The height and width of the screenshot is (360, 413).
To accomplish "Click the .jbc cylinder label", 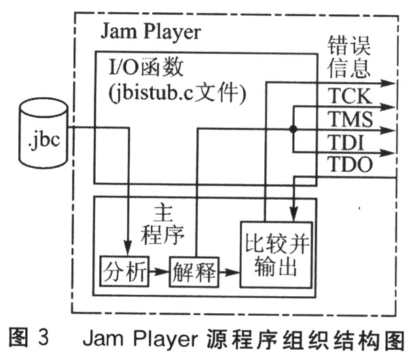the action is tap(44, 140).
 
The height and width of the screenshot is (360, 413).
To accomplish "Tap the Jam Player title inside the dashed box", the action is tap(151, 31).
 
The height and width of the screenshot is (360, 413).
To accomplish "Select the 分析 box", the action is tap(124, 272).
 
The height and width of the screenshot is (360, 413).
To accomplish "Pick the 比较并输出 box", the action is tap(276, 255).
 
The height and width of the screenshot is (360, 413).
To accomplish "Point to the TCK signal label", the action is tap(350, 96).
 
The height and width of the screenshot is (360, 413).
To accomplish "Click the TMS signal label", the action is tap(350, 119).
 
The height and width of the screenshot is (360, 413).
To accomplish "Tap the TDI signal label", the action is tap(346, 143).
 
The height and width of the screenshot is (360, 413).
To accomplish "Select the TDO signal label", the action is tap(350, 164).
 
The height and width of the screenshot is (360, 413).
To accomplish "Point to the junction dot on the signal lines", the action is tap(293, 129).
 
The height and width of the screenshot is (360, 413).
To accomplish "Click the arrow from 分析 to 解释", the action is tap(159, 272).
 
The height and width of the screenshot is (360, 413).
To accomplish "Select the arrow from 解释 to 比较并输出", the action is tap(229, 272).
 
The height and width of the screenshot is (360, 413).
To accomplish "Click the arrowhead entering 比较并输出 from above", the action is tap(294, 213).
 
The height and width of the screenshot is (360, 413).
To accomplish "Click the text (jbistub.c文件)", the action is tap(177, 94).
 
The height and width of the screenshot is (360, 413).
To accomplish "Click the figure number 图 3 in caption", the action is tap(29, 338).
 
